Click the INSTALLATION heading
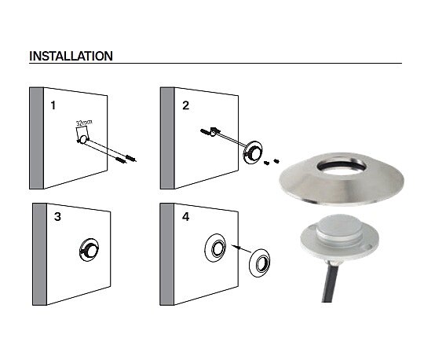(71, 56)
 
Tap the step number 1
(53, 105)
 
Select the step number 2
(185, 105)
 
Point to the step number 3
(57, 217)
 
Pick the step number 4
(185, 217)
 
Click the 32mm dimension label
(84, 123)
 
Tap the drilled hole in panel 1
(83, 140)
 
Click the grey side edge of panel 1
(36, 138)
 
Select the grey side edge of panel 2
(167, 138)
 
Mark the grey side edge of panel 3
(39, 255)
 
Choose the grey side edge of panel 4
(167, 255)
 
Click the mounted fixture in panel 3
(89, 250)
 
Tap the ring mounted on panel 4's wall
(215, 248)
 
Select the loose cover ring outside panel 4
(260, 263)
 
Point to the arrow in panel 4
(241, 248)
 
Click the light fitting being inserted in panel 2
(253, 152)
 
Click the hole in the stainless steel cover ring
(342, 166)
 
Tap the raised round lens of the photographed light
(339, 227)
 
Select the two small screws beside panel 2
(272, 162)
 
